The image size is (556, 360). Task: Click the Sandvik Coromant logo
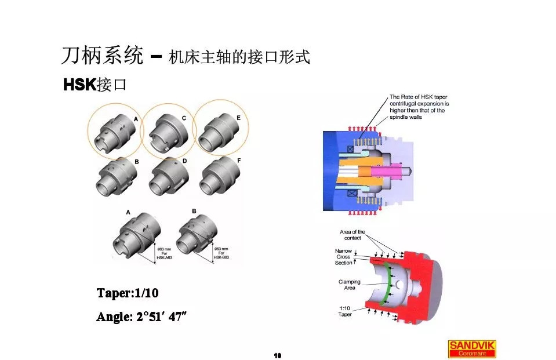[x=472, y=348]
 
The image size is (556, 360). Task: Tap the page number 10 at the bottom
[x=277, y=355]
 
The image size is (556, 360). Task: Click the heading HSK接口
[x=95, y=85]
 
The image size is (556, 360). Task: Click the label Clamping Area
[x=350, y=285]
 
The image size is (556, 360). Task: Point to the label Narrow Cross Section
[x=343, y=257]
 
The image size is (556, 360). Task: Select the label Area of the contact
[x=352, y=235]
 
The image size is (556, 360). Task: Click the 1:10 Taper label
[x=345, y=311]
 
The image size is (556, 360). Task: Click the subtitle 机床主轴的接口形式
[x=239, y=57]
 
